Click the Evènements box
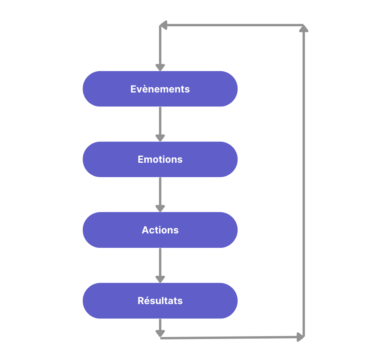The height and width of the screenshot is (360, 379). pos(160,89)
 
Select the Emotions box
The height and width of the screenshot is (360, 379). pos(160,159)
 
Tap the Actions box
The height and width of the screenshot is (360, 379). pos(160,230)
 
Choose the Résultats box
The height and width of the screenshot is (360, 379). pos(160,300)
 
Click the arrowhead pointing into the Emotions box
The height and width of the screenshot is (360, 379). pos(160,138)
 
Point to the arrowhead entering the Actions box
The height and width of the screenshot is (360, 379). pos(160,208)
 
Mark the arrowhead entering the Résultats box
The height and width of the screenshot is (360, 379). pos(160,279)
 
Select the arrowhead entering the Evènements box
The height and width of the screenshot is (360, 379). pos(160,68)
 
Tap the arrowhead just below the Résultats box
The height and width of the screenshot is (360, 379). pos(160,333)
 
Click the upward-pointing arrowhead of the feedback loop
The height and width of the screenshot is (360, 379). pos(304,28)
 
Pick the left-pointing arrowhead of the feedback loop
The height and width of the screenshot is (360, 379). pos(164,25)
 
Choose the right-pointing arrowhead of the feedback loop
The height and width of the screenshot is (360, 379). pos(300,337)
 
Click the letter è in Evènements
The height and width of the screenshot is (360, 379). pos(143,89)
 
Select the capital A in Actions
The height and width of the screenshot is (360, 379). pos(145,230)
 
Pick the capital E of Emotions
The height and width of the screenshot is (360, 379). pos(141,159)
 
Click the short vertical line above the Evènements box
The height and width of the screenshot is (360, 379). pos(160,45)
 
